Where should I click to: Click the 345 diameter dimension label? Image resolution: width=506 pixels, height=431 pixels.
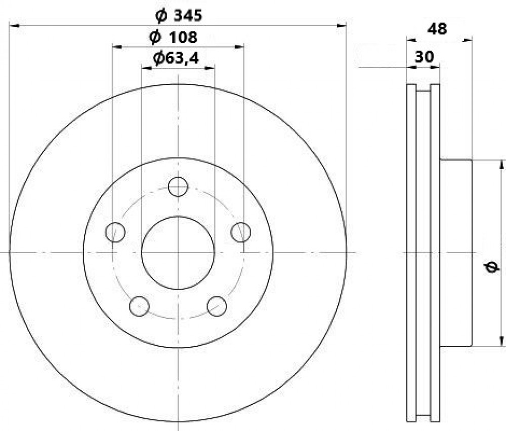point(179,15)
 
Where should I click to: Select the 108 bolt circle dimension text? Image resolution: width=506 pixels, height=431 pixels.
point(173,37)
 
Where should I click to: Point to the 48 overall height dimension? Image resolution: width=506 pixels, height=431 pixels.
point(437,29)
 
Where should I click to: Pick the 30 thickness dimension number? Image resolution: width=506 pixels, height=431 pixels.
point(424,57)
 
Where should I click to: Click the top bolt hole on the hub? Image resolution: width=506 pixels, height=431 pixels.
point(178,187)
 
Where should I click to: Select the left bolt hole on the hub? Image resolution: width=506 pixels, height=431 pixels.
point(115,232)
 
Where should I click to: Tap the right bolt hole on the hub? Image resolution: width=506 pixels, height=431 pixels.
point(241,232)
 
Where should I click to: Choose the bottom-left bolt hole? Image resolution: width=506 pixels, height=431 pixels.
point(139,306)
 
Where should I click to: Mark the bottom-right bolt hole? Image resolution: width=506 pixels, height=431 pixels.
point(217,306)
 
